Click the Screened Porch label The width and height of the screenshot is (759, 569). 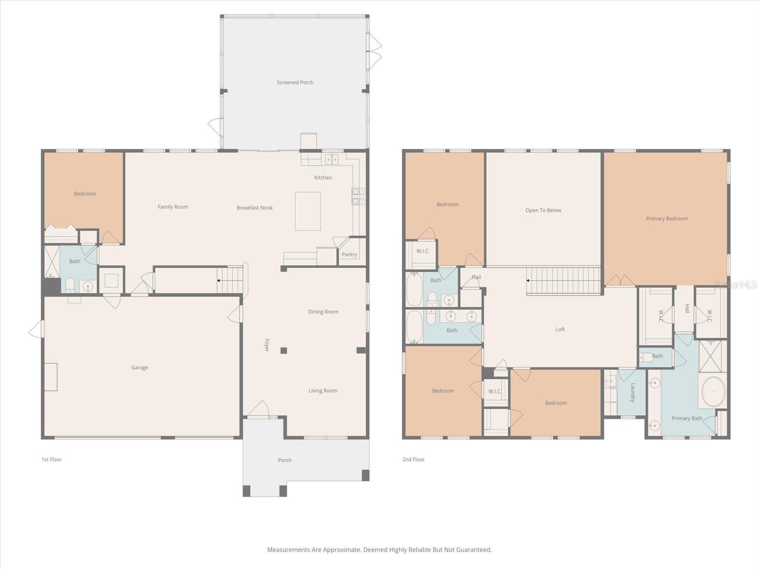pos(295,83)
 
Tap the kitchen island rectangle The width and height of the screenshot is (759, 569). pos(307,211)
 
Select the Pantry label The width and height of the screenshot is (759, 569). pos(349,255)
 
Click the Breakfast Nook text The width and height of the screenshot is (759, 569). pos(255,208)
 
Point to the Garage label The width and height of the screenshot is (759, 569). pos(139,367)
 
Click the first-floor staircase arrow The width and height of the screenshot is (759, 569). pos(219,281)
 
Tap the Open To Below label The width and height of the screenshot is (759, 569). pos(543,211)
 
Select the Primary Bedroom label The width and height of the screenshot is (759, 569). pos(666,219)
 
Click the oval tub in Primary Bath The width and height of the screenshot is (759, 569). pos(713,392)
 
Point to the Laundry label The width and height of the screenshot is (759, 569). pos(633,393)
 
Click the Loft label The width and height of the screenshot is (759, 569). pos(560,330)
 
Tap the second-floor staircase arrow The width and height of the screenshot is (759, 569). pos(528,281)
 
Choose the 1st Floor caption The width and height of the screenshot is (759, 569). pos(52,459)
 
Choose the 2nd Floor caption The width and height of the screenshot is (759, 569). pos(413,459)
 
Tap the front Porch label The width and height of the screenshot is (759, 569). pos(285,460)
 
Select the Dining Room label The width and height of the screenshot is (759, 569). pos(323,312)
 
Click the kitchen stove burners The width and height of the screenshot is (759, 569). pos(358,196)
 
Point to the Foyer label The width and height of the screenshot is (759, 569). pos(267,345)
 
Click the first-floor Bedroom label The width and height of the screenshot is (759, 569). pos(85,194)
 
